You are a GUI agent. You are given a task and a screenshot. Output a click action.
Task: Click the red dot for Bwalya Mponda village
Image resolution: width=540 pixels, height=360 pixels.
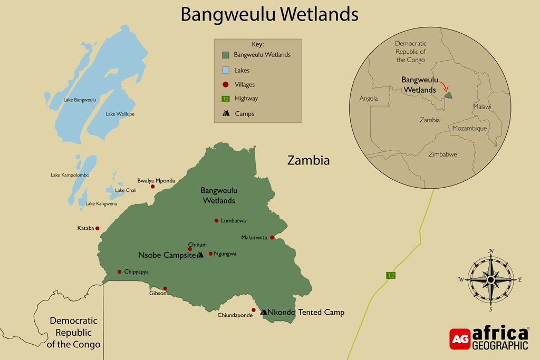coord(153,187)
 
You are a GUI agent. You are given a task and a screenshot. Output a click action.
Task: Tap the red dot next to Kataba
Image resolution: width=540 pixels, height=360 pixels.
coord(98,228)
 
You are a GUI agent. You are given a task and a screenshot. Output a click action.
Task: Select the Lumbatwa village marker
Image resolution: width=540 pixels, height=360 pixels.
coord(216,220)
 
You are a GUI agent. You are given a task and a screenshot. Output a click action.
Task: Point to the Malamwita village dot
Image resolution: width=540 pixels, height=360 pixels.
coord(272,238)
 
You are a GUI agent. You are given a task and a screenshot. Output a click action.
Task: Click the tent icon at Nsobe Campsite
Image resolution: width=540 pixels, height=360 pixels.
coord(200,255)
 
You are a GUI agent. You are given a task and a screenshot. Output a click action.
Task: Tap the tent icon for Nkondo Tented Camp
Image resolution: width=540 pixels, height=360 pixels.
coord(264,313)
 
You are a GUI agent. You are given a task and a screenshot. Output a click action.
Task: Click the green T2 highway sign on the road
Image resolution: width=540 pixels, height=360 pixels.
coord(390,275)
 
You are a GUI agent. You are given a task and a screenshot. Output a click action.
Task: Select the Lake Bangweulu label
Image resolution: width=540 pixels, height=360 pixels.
coord(80,100)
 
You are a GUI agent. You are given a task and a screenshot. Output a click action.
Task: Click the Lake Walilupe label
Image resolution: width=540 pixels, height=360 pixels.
coord(120,114)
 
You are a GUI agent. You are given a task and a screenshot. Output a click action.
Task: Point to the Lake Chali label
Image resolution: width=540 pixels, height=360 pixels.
coord(126,190)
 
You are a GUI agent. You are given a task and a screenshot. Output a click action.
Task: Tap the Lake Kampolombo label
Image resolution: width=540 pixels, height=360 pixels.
coord(70,175)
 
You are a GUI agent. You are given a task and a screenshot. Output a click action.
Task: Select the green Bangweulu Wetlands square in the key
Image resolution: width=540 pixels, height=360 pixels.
coord(225,55)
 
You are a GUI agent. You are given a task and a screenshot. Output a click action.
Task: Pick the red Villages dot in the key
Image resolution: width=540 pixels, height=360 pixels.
coord(225,84)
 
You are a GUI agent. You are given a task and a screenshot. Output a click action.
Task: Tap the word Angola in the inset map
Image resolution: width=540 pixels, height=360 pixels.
coord(369,99)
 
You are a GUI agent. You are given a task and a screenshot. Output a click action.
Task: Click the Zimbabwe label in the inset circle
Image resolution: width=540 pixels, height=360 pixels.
coord(442,154)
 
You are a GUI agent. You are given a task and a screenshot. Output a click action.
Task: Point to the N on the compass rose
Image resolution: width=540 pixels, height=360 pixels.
coord(491,251)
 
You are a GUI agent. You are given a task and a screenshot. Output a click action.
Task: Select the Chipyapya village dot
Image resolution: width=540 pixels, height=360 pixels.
coord(120,272)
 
